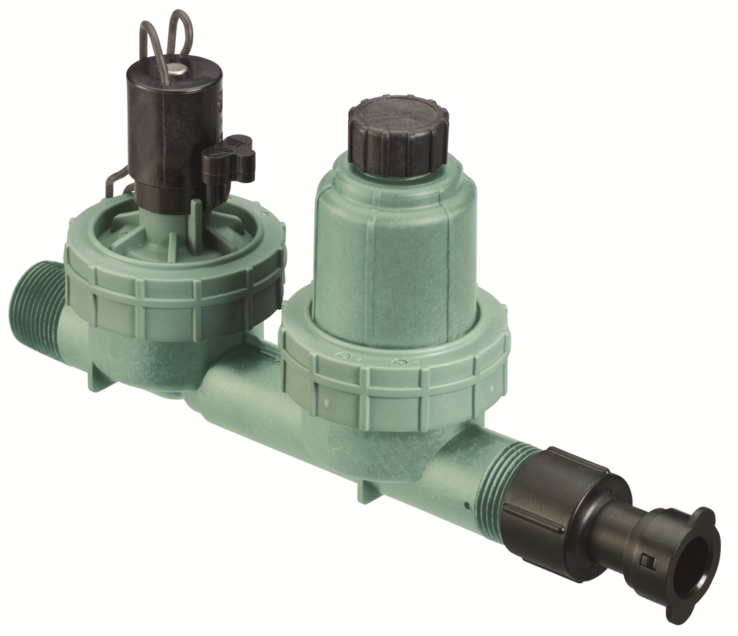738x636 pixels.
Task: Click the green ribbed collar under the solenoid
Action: pyautogui.click(x=173, y=288)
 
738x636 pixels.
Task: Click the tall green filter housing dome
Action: pyautogui.click(x=393, y=245)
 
